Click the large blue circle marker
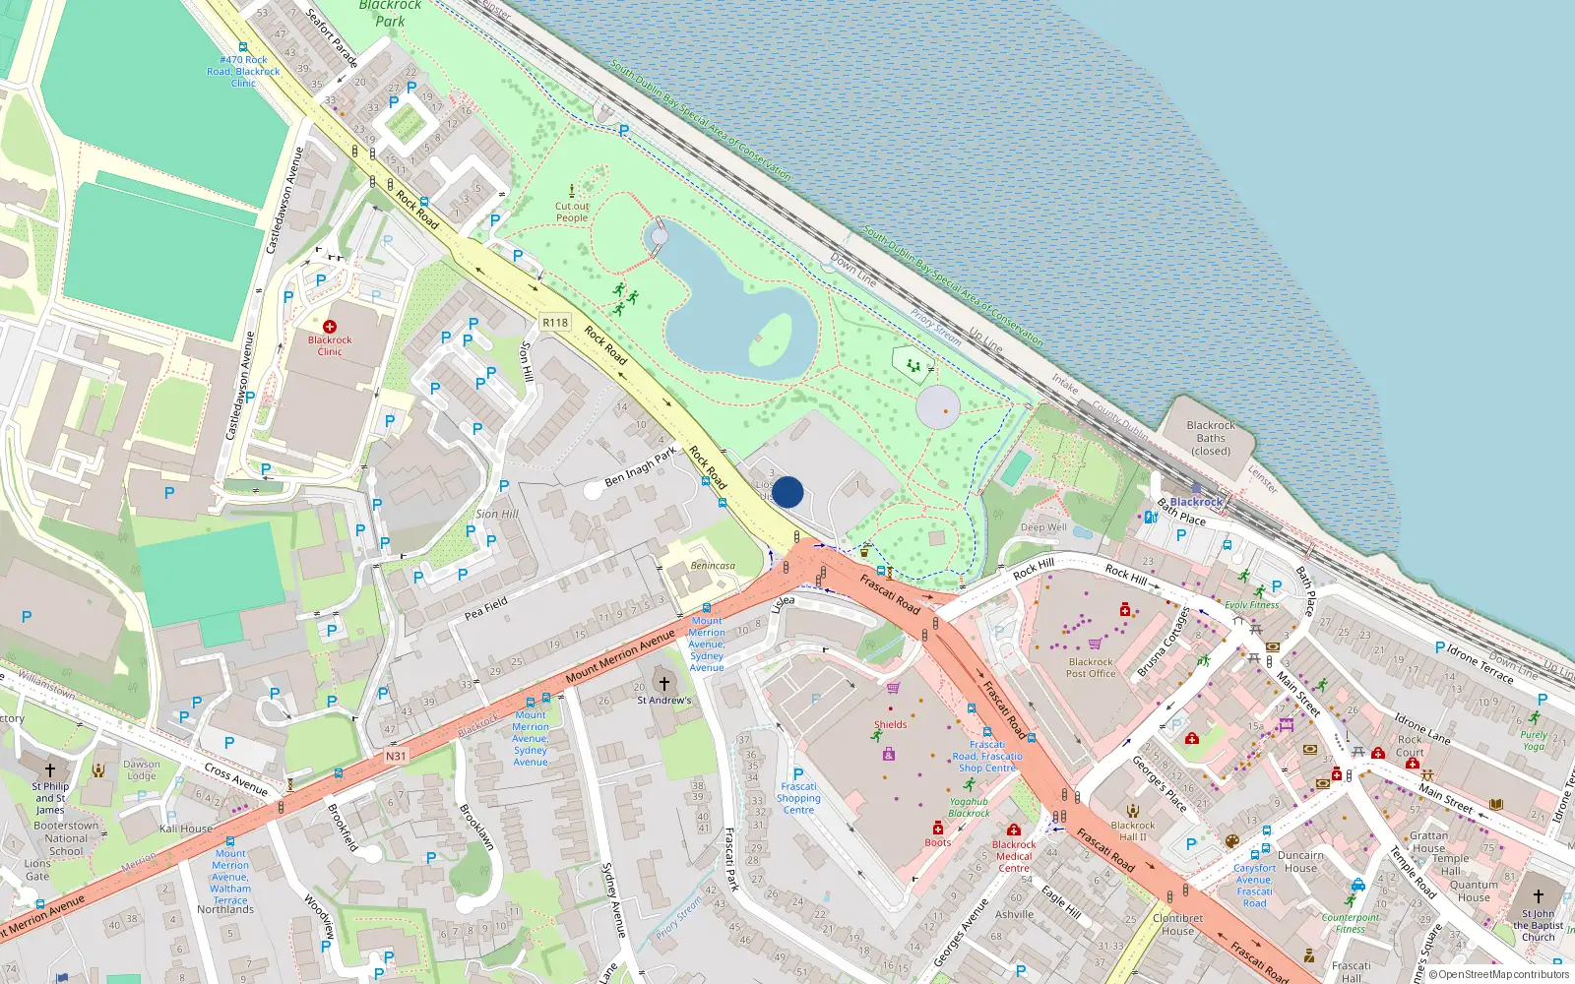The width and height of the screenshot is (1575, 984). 787,492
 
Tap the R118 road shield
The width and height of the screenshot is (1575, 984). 555,323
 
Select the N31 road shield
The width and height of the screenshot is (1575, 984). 396,756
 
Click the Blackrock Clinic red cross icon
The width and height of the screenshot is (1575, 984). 330,327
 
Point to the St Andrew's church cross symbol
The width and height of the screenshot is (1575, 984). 664,683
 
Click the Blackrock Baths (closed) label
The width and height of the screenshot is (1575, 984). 1211,438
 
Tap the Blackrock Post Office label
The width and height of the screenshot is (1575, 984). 1091,668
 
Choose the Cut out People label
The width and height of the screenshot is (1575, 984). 572,213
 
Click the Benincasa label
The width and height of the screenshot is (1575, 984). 713,566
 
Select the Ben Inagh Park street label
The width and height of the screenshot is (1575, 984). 641,466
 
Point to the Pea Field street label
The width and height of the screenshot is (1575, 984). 486,608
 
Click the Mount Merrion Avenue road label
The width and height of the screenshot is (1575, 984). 620,658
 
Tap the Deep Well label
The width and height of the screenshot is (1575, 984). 1043,527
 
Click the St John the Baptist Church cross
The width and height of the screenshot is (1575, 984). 1539,896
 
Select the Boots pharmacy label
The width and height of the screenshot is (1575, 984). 938,842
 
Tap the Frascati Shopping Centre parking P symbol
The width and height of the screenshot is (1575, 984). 798,773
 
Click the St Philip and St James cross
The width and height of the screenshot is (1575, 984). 50,770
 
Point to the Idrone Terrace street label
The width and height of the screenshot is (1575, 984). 1480,664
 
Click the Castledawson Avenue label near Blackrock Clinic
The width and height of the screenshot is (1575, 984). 241,386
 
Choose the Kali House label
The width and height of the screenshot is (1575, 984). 186,829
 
